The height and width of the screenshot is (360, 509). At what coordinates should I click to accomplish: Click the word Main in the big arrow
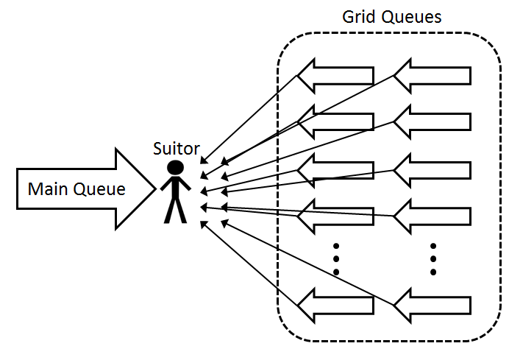click(48, 188)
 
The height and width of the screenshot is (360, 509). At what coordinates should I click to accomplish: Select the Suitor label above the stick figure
click(176, 148)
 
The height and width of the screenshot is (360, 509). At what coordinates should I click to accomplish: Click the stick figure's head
click(175, 167)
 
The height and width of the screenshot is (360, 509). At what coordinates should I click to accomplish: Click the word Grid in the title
click(358, 16)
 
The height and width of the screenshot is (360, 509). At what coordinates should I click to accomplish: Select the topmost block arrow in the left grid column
click(335, 76)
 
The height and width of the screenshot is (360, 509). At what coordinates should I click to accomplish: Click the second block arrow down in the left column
click(335, 122)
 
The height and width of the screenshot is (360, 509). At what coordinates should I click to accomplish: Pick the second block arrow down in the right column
click(432, 122)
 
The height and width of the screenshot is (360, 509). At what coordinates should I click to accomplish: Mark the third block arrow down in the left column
click(335, 169)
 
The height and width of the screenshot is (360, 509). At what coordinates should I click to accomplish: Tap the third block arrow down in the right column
click(432, 169)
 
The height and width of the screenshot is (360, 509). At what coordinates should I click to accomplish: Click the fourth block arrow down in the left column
click(335, 216)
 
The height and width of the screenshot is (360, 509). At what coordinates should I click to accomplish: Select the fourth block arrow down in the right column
click(432, 216)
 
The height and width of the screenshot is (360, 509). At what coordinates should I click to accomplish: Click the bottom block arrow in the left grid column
click(335, 304)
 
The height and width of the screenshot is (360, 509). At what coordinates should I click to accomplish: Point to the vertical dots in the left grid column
click(336, 258)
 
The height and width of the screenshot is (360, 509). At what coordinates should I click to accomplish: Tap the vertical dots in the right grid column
click(433, 258)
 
